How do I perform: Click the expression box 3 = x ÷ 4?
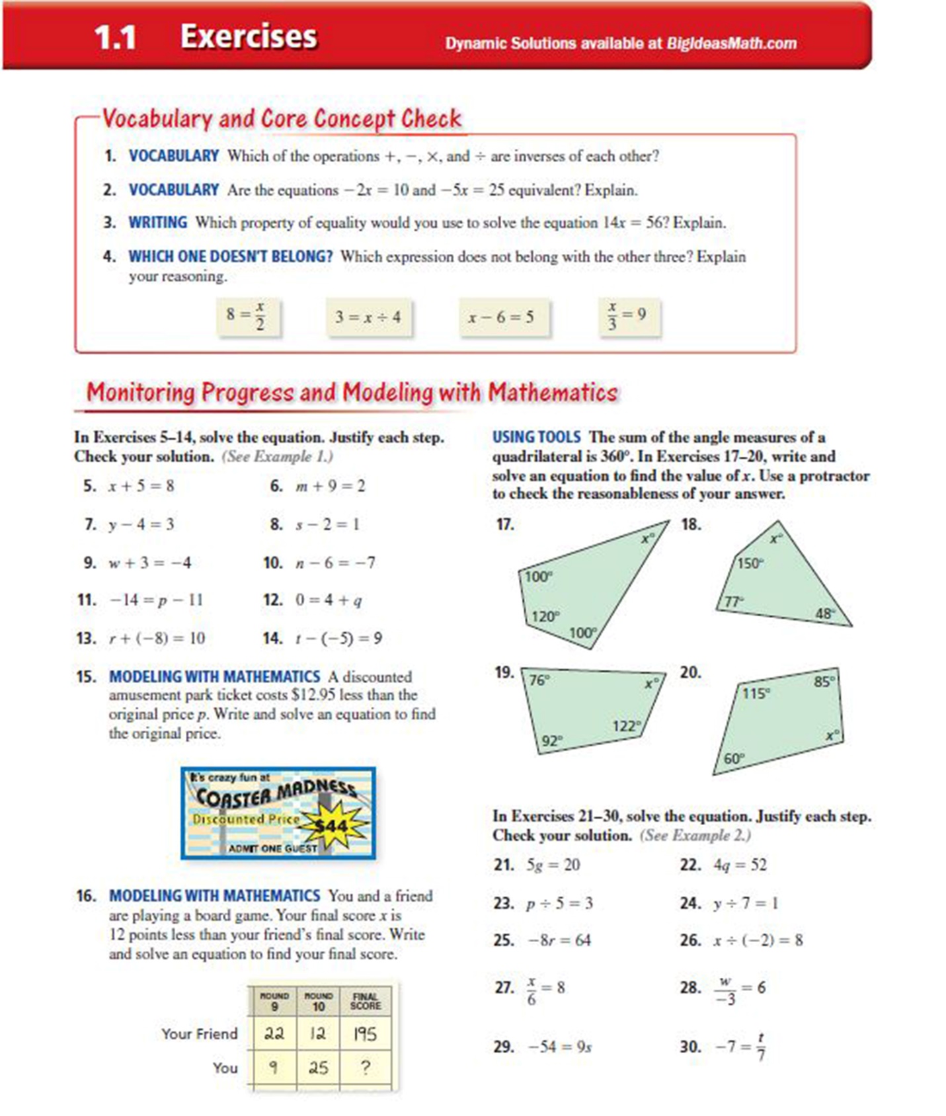click(x=368, y=317)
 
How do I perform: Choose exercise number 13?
click(x=86, y=638)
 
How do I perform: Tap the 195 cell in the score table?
click(x=365, y=1033)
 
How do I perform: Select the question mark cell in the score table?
click(x=365, y=1067)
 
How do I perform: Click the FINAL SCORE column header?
click(x=365, y=1001)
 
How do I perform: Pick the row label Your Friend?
click(x=199, y=1033)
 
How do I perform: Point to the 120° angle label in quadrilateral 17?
click(x=545, y=616)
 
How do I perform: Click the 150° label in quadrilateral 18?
click(x=750, y=563)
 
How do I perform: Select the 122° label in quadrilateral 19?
click(x=626, y=726)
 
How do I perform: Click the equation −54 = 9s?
click(x=559, y=1047)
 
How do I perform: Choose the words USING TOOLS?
click(x=535, y=437)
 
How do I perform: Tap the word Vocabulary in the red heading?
click(x=157, y=119)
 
